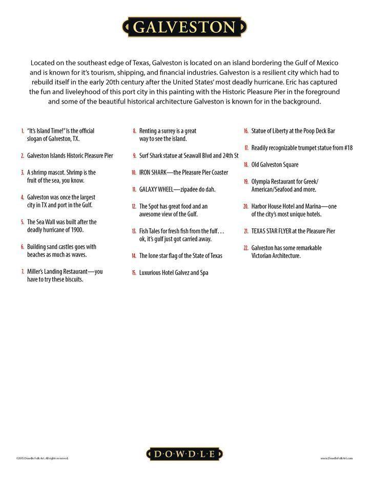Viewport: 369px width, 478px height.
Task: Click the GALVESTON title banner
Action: point(184,27)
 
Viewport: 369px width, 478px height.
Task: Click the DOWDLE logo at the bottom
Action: point(184,453)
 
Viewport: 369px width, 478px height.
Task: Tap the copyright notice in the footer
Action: point(42,458)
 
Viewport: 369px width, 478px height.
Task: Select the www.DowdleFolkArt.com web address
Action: point(337,458)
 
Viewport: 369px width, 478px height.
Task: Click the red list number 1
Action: point(23,131)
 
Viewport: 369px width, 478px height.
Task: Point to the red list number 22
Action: point(246,248)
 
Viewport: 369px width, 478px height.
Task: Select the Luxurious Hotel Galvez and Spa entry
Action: point(174,273)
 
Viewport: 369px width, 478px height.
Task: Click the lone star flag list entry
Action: point(180,256)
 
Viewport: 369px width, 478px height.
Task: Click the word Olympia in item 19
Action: point(261,182)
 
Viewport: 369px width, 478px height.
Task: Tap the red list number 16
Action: point(246,131)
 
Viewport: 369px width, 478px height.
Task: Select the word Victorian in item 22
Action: point(263,255)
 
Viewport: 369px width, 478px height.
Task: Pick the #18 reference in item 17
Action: point(347,148)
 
